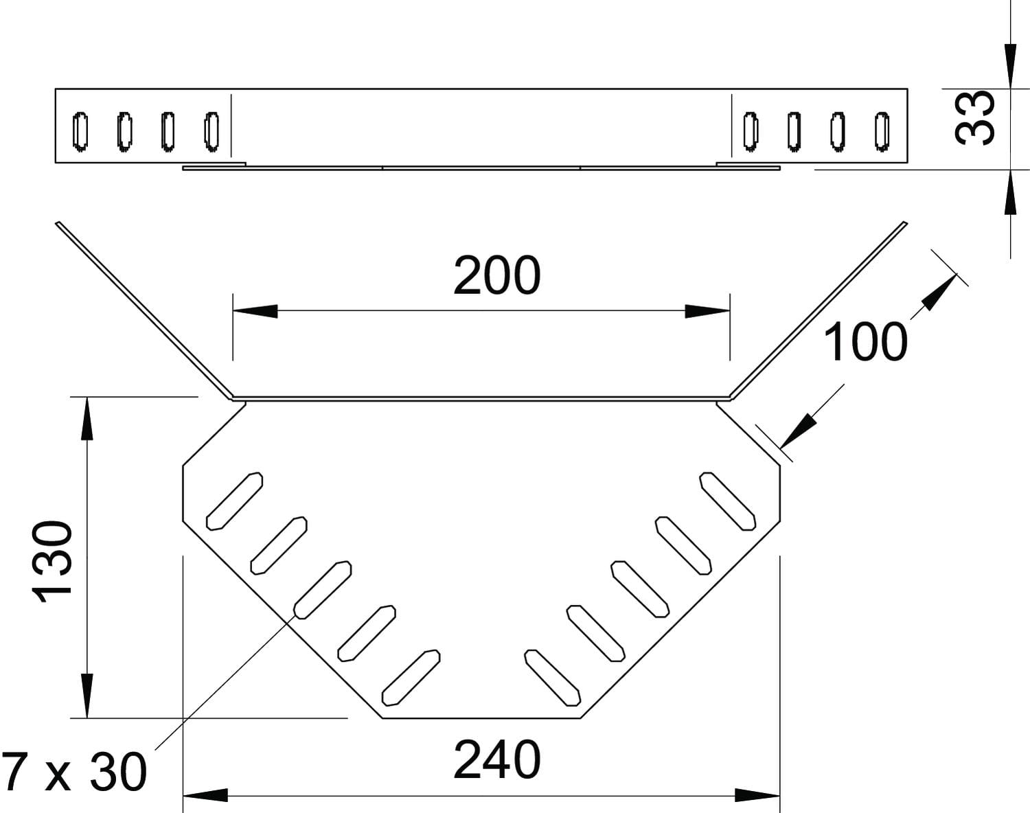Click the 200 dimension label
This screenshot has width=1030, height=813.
[497, 275]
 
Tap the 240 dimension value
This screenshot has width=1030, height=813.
[497, 760]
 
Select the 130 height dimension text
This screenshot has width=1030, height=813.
[51, 561]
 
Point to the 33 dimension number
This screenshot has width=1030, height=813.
[974, 118]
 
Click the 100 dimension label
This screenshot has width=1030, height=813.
[865, 342]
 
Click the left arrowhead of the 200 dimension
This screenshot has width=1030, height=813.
[255, 311]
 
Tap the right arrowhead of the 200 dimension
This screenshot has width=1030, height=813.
[707, 311]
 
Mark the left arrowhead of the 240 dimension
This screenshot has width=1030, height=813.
[205, 796]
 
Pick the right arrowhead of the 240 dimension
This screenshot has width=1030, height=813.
[757, 796]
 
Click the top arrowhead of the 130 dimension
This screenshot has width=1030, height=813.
[87, 418]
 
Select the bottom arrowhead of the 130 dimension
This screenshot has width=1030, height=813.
[87, 696]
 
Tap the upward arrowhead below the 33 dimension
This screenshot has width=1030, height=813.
[1010, 192]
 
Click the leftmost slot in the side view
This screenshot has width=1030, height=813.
[80, 131]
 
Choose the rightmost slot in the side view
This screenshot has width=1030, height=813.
[882, 131]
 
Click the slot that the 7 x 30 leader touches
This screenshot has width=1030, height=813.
[322, 590]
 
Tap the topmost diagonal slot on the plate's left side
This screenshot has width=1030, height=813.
[234, 501]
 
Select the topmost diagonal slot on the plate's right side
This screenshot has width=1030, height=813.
[727, 501]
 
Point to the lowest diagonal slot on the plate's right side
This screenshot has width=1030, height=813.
[552, 678]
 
